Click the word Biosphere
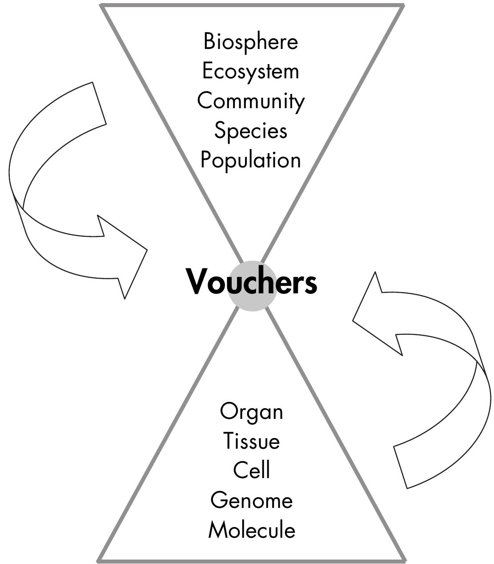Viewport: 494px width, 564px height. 250,42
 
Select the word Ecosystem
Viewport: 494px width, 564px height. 250,72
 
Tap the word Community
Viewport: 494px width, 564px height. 251,101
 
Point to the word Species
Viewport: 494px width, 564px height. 250,131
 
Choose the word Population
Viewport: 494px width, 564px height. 250,160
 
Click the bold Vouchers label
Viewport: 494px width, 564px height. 251,282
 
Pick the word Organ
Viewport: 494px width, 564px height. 251,412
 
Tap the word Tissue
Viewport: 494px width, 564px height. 251,441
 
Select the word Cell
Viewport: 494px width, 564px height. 251,470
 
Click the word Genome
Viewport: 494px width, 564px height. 251,500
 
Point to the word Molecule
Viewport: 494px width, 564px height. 251,530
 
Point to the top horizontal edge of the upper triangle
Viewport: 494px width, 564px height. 252,5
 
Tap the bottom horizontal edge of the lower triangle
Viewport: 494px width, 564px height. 252,560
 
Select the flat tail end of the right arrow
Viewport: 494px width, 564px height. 401,467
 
